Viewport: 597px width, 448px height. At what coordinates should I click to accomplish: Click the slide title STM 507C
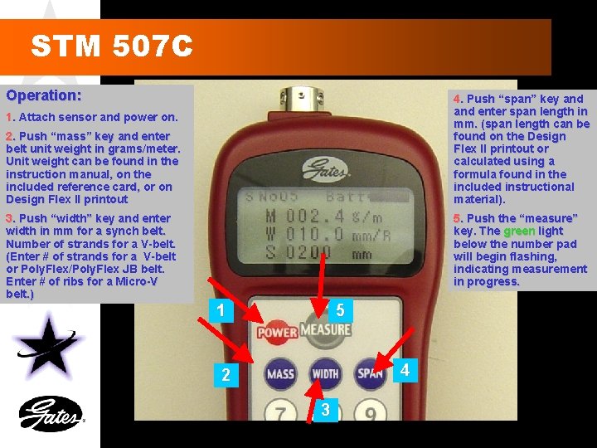[112, 46]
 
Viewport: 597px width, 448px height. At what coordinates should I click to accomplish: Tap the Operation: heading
[44, 95]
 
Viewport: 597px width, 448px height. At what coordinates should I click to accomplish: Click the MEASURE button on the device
[325, 329]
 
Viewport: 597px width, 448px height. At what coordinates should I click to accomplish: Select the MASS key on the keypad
[280, 374]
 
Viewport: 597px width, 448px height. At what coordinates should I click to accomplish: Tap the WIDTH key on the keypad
[325, 374]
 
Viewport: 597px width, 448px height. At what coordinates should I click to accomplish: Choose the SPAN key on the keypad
[370, 373]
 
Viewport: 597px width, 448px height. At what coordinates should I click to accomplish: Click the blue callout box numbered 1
[219, 311]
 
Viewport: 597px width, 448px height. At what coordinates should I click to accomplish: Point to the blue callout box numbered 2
[226, 375]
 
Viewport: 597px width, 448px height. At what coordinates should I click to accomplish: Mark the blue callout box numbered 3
[325, 409]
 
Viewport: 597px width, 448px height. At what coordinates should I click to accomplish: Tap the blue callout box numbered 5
[339, 311]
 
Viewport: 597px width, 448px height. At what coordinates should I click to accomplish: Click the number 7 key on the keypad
[282, 414]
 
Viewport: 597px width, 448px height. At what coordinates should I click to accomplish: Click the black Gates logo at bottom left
[51, 414]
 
